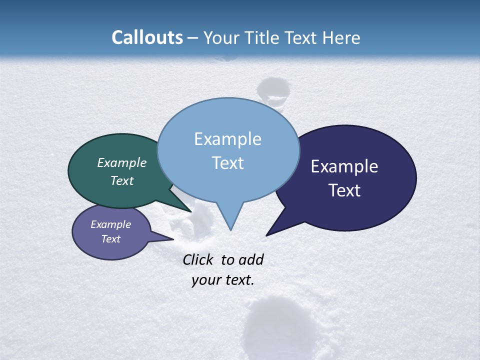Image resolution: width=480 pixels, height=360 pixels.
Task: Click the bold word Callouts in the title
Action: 147,37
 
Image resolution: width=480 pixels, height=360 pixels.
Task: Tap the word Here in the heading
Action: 341,37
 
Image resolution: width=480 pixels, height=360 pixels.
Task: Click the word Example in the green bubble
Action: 122,162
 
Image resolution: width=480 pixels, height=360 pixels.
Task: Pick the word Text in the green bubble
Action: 122,180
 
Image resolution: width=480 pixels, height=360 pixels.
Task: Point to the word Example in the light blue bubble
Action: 228,139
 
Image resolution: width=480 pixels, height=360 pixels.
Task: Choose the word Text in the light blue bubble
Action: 228,163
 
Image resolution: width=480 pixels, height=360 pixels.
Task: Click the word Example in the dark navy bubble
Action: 344,166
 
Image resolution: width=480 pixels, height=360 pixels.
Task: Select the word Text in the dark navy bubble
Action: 344,190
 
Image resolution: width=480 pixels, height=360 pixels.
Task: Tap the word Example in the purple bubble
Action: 111,224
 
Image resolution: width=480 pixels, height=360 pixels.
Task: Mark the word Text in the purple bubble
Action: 111,239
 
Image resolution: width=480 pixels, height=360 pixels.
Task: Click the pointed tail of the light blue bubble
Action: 230,227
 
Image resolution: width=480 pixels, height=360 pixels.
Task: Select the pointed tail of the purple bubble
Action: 171,239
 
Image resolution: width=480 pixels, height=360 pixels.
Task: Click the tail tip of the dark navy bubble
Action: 267,234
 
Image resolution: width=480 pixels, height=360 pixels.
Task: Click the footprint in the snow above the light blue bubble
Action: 273,90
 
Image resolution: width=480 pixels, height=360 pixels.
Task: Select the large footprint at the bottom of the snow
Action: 279,325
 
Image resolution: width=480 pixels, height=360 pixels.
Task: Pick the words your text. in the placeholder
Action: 223,280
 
